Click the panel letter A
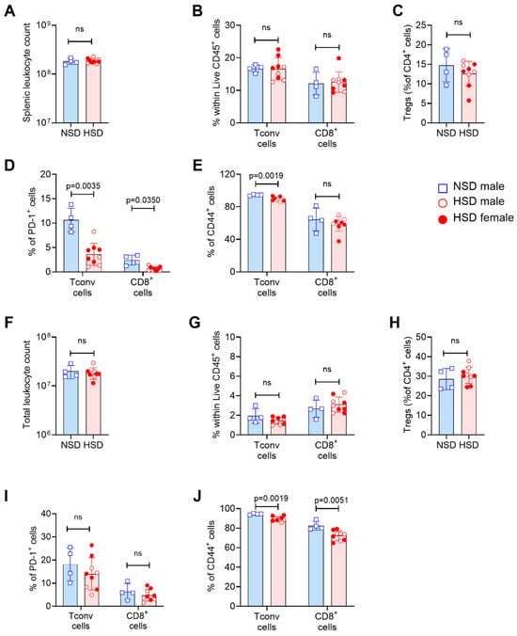click(9, 10)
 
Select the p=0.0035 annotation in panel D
click(83, 186)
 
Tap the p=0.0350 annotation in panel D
click(143, 200)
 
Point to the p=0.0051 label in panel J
click(331, 501)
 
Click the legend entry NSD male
click(472, 187)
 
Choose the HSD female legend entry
click(476, 218)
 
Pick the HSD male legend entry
click(472, 202)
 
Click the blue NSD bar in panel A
click(70, 92)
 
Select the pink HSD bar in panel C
click(469, 98)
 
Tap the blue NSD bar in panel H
click(446, 406)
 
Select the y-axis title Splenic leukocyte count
click(26, 73)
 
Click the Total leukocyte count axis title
click(26, 385)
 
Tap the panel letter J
click(196, 497)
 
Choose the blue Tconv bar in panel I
click(70, 585)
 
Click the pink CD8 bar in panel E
click(338, 248)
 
